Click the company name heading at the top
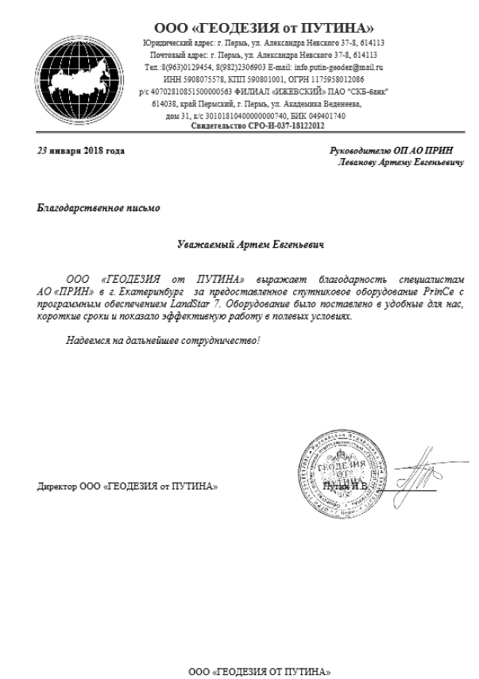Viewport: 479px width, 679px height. (x=261, y=29)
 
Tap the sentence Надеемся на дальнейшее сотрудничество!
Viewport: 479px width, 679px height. (x=163, y=341)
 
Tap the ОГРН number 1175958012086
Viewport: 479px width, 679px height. (x=346, y=80)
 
